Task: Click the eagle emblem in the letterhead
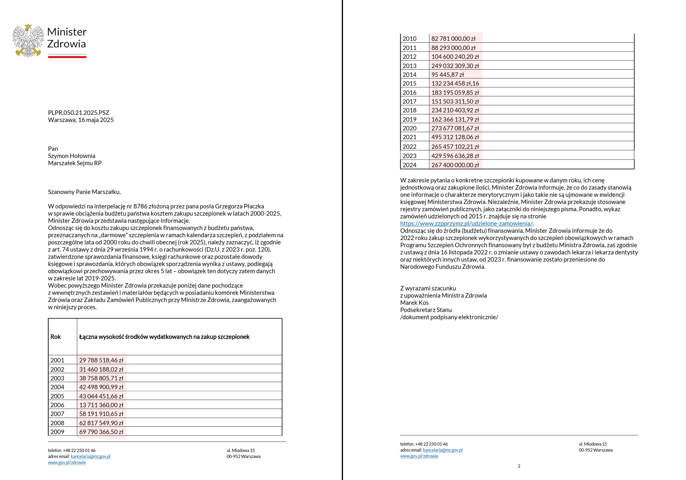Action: click(28, 41)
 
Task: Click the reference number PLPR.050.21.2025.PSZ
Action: click(78, 113)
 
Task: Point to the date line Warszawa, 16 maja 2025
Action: click(81, 120)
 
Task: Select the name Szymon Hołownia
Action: click(72, 156)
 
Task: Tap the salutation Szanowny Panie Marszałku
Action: click(84, 192)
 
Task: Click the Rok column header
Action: click(56, 337)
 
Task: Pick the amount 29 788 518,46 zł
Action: click(101, 360)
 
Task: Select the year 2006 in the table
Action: click(57, 405)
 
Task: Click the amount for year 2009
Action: click(101, 432)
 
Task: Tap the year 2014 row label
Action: click(409, 75)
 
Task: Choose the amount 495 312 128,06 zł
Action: click(455, 137)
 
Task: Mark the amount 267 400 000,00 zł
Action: click(455, 165)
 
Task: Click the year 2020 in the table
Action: click(409, 128)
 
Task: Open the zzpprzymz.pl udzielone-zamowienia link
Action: click(466, 224)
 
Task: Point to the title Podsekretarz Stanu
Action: click(426, 310)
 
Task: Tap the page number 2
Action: click(519, 466)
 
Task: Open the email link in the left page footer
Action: click(90, 456)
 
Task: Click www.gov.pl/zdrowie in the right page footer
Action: click(419, 456)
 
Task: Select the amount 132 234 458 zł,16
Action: click(455, 84)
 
